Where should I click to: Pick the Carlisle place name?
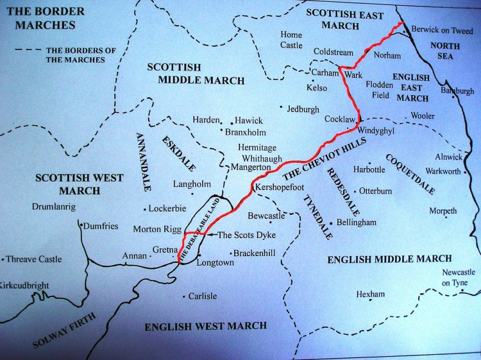(x=202, y=296)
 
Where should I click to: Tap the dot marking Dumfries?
(x=81, y=225)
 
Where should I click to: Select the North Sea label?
(x=441, y=51)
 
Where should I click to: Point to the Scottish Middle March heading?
(x=196, y=74)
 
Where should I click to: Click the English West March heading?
(x=205, y=326)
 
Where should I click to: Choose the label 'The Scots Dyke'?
(x=242, y=235)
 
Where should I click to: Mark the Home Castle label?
(x=291, y=40)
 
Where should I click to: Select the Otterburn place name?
(x=375, y=191)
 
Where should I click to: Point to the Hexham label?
(x=371, y=295)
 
